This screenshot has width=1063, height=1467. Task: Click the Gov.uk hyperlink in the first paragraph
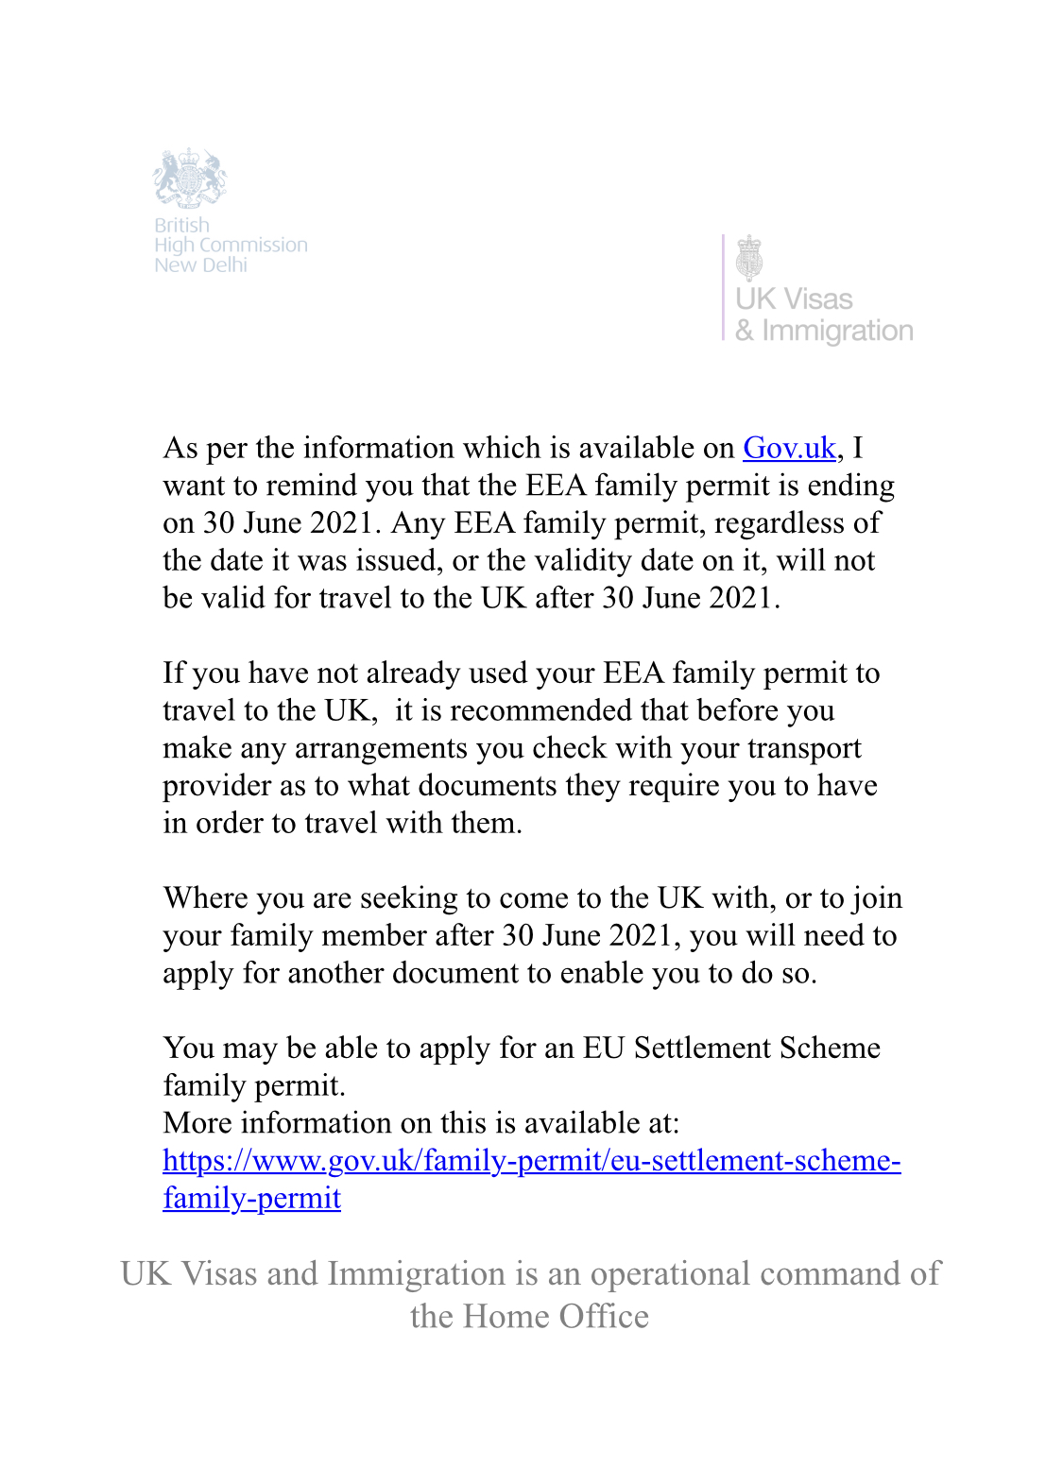tap(789, 448)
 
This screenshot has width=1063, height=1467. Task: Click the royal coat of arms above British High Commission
tap(191, 178)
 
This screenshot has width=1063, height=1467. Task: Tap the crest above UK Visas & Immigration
tap(749, 257)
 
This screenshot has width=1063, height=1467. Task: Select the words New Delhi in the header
tap(200, 265)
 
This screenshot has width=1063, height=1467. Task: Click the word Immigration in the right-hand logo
tap(837, 332)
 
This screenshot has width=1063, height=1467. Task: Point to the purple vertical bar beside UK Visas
tap(724, 287)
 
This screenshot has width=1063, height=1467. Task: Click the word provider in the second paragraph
tap(217, 786)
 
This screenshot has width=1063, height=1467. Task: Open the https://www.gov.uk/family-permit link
tap(531, 1161)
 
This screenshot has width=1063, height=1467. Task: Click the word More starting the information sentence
tap(197, 1123)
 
